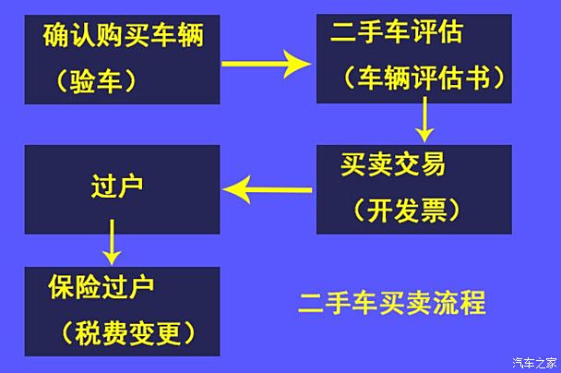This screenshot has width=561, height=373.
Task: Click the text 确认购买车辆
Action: click(x=124, y=35)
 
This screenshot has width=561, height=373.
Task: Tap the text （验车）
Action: click(x=97, y=81)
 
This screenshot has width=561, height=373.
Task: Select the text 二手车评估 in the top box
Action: click(x=397, y=32)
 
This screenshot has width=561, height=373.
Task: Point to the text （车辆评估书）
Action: click(x=424, y=78)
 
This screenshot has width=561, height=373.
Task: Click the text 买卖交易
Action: click(x=393, y=164)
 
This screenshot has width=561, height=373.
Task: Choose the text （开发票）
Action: click(x=406, y=210)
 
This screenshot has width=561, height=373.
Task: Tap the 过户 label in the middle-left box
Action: click(x=117, y=186)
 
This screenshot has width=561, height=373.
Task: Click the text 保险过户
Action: click(x=101, y=287)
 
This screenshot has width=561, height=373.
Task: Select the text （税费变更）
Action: click(x=128, y=333)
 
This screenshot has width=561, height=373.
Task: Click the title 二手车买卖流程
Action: click(x=392, y=303)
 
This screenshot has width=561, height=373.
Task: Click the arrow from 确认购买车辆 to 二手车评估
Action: click(x=266, y=64)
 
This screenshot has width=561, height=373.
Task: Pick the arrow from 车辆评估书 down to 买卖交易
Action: click(x=424, y=119)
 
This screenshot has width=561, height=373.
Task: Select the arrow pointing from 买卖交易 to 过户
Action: click(x=267, y=190)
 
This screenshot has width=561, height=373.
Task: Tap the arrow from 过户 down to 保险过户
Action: click(x=112, y=242)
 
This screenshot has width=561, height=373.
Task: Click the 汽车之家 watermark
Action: click(x=534, y=363)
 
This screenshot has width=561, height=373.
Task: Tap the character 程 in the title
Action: click(x=473, y=303)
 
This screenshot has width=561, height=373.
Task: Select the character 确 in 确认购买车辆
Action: click(x=56, y=35)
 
